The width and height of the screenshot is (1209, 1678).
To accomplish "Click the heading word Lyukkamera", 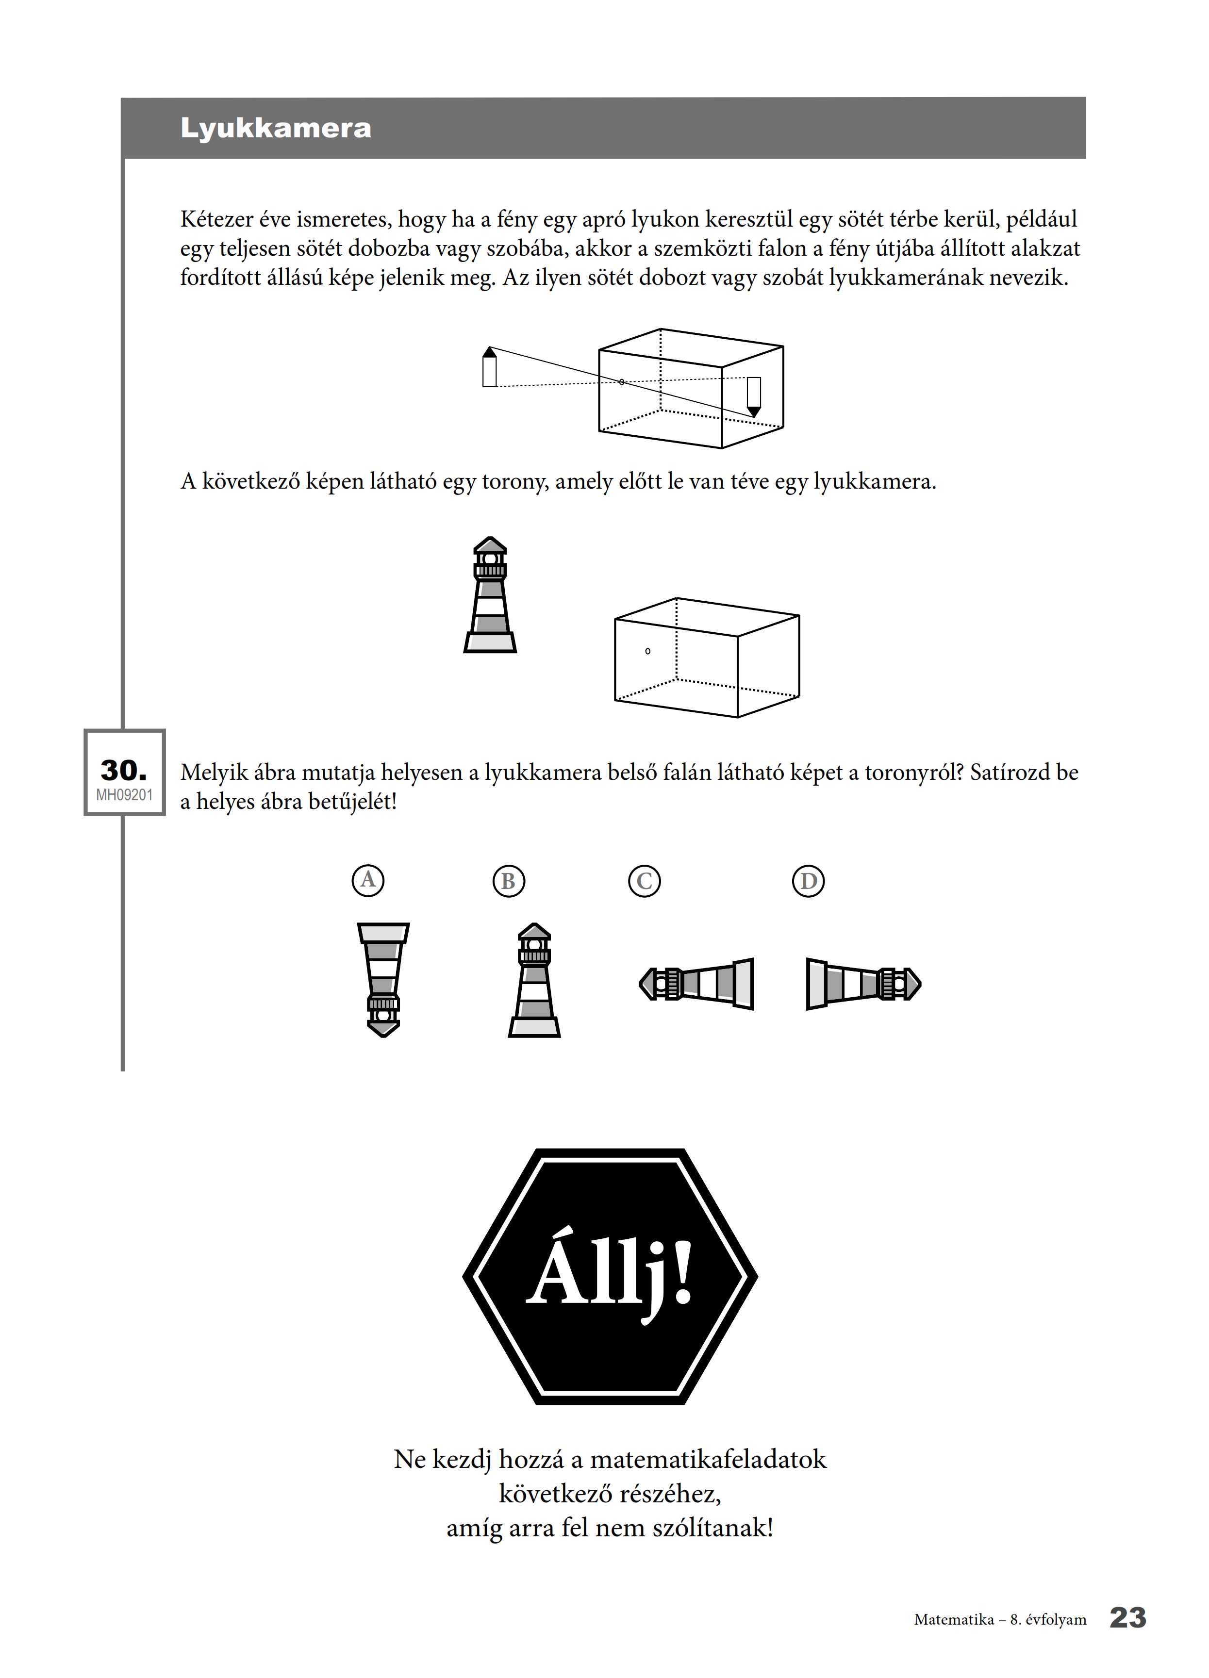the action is [276, 128].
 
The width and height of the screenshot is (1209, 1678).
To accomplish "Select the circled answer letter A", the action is [368, 880].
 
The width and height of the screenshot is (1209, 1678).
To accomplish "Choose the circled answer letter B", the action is [508, 881].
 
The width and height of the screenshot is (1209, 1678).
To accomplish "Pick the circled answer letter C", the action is [645, 881].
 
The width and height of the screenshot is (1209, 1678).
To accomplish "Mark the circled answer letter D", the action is [809, 881].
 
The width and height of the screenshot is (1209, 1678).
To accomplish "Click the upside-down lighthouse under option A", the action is [383, 980].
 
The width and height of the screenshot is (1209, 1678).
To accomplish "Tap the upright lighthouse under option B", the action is [534, 980].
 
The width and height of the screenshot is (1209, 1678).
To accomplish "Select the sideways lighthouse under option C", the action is [696, 984].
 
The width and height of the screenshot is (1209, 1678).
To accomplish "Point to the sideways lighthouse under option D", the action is [863, 984].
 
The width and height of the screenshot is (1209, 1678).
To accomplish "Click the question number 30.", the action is [124, 770].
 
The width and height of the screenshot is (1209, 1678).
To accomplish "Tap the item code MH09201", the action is [124, 795].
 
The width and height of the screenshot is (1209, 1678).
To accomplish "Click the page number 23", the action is [1127, 1618].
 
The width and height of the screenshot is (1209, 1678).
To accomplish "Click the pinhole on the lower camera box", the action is [647, 651].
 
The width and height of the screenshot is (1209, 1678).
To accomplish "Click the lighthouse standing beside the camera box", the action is [490, 595].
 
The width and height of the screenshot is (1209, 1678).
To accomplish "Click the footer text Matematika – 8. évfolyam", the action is [1000, 1620].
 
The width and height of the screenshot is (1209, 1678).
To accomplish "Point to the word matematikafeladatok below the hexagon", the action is [708, 1459].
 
